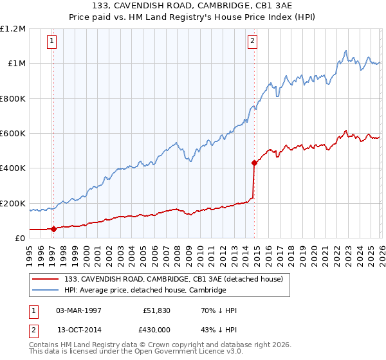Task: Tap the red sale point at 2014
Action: (254, 163)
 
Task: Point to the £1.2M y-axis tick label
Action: (13, 29)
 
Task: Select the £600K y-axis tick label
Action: (13, 134)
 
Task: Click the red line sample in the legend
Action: (46, 279)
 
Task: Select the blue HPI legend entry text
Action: (145, 290)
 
